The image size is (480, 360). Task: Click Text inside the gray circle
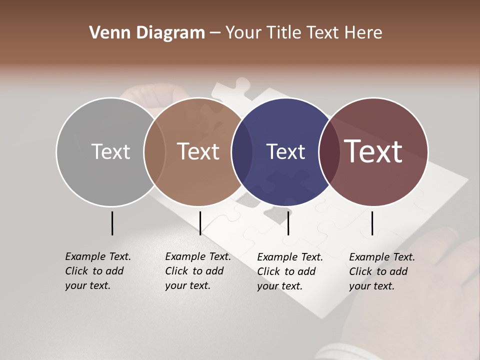tap(110, 151)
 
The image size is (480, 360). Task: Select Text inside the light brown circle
tap(198, 151)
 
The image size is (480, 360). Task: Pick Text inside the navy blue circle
tap(285, 151)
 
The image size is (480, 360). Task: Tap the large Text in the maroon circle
tap(373, 151)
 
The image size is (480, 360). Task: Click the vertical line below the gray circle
tap(112, 223)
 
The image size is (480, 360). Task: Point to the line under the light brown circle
tap(200, 223)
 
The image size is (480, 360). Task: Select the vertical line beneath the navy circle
tap(288, 223)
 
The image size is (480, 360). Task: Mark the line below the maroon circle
tap(372, 223)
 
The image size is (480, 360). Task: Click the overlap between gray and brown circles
tap(154, 152)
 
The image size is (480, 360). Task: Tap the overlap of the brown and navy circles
tap(242, 152)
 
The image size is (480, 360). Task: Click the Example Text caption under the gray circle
tap(98, 271)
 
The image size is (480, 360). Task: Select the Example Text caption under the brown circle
tap(198, 271)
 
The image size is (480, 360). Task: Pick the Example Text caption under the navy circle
tap(290, 271)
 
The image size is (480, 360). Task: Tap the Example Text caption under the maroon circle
tap(382, 271)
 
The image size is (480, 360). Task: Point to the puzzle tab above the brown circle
tap(242, 85)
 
